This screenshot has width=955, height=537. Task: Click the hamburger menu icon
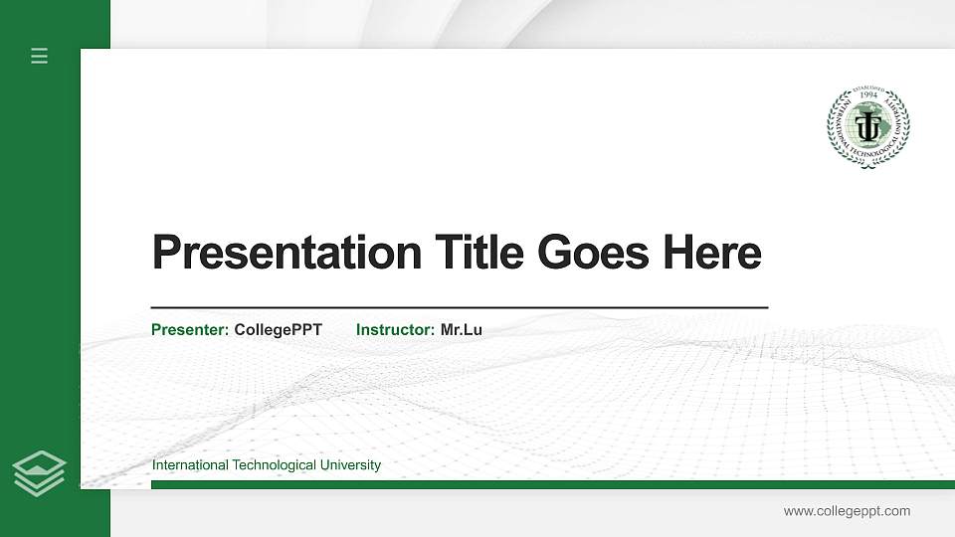point(40,56)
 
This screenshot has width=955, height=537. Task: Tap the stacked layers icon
point(40,472)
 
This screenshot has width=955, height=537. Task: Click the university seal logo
point(868,126)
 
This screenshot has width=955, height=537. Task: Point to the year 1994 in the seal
point(868,96)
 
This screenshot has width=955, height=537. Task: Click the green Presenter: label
point(190,330)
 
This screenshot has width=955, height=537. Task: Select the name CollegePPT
point(278,330)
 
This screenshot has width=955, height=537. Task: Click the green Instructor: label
point(395,330)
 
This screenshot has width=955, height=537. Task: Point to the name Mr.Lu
point(462,330)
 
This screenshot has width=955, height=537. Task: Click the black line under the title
point(460,308)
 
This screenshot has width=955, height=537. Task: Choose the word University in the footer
point(349,465)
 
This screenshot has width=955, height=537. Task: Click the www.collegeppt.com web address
point(847,511)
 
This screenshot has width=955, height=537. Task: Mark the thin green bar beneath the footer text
point(552,484)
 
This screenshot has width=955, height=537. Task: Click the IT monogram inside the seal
point(868,127)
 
